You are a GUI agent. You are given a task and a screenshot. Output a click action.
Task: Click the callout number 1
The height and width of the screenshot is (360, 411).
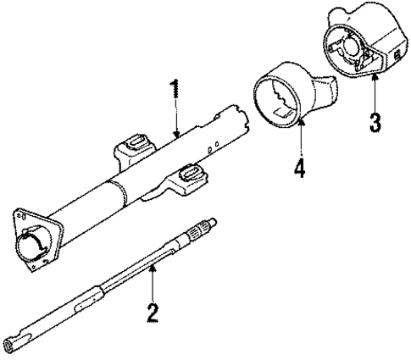pyautogui.click(x=175, y=92)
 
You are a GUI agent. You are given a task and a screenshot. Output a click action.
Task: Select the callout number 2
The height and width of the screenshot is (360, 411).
pyautogui.click(x=152, y=313)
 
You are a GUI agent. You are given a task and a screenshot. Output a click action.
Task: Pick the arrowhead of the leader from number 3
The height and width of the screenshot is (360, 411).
pyautogui.click(x=374, y=75)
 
